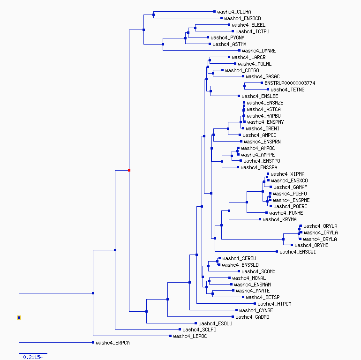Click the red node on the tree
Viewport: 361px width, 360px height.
129,170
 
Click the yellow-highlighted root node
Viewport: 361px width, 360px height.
19,318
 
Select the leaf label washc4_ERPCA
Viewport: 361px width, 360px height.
113,343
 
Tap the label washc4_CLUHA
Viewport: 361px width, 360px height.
234,12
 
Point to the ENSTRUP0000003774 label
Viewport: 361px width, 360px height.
290,83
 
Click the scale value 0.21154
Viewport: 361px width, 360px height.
33,357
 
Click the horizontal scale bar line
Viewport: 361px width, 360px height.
33,353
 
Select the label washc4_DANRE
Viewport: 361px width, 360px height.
259,51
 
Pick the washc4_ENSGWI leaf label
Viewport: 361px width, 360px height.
297,252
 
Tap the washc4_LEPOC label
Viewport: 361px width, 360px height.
190,336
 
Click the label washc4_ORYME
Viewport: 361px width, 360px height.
311,245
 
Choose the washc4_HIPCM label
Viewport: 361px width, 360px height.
274,304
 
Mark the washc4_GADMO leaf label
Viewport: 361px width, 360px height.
252,317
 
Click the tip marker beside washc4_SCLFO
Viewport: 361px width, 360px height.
180,330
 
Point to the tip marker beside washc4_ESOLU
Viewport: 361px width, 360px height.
196,323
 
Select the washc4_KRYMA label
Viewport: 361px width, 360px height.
279,219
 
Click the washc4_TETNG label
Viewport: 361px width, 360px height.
287,90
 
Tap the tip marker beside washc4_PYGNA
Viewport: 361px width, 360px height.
208,37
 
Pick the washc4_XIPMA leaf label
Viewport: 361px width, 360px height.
287,174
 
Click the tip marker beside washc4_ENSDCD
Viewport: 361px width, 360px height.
221,18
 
